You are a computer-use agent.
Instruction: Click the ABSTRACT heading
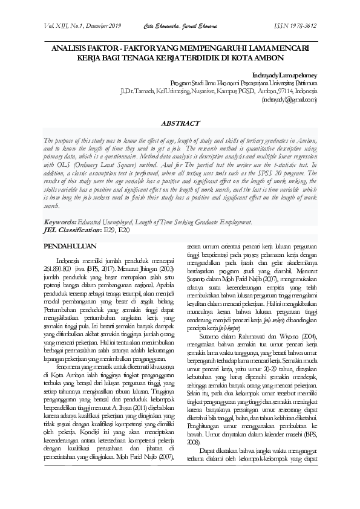[180, 123]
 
